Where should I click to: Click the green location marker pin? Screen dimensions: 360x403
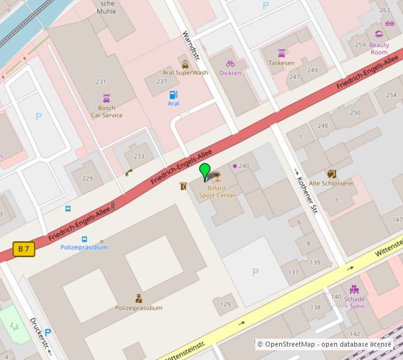205,171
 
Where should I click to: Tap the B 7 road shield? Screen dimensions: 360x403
24,249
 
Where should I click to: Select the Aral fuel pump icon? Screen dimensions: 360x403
173,95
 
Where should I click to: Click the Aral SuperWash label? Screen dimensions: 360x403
185,73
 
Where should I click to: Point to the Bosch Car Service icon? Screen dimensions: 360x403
107,98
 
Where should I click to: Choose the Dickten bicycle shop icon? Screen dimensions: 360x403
230,63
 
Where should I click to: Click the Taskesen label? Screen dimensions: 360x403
281,63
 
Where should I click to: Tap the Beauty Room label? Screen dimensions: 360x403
379,49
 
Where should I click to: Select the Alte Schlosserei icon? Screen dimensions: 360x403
332,174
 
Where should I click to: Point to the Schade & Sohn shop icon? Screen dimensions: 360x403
354,289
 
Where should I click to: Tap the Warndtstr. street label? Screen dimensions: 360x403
192,45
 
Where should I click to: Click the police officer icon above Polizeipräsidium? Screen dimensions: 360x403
139,298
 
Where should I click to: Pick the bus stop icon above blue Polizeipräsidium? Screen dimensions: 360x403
84,239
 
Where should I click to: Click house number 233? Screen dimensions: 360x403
139,157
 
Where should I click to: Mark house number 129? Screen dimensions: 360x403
226,304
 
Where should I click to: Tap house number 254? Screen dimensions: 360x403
391,95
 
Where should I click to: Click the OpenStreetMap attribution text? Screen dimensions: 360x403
324,345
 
